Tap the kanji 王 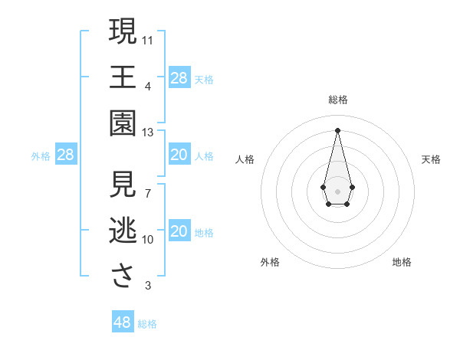(x=123, y=77)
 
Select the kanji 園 (x=123, y=123)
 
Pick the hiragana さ (x=123, y=276)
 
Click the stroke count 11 (x=148, y=39)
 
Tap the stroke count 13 (x=148, y=133)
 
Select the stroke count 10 (x=148, y=240)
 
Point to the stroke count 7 (x=148, y=192)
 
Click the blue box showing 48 (x=122, y=322)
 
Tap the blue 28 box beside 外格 (x=65, y=155)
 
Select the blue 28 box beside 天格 (x=179, y=78)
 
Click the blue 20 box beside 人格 (x=179, y=155)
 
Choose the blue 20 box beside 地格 (x=179, y=231)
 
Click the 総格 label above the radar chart (x=337, y=100)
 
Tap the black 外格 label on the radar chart (x=270, y=262)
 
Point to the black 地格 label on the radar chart (x=402, y=262)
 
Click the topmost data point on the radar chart (x=337, y=129)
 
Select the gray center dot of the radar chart (x=337, y=190)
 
